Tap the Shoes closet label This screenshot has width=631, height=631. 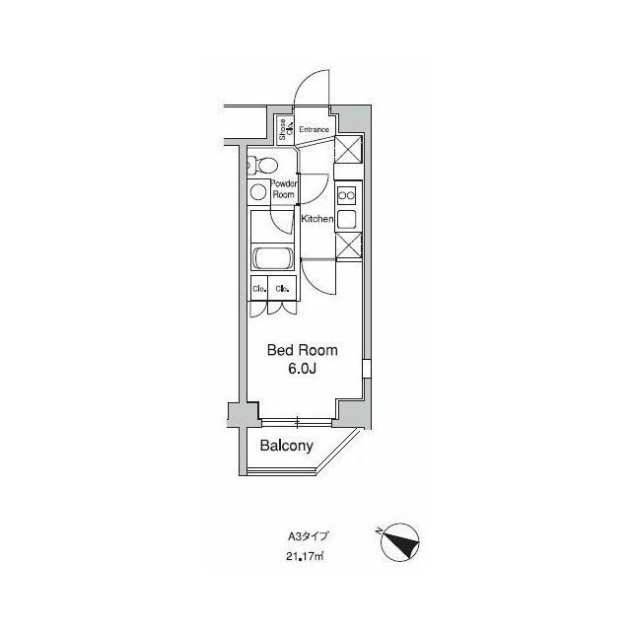(283, 128)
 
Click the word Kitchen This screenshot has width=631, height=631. (317, 218)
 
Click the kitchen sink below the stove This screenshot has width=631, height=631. (347, 219)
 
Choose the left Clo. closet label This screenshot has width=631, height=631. (259, 289)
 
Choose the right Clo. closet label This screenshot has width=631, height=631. (283, 289)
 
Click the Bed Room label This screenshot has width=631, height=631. (304, 350)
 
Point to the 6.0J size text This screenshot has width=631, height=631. (304, 370)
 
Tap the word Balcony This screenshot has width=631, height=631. (286, 446)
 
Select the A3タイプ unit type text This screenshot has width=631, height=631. (307, 537)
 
